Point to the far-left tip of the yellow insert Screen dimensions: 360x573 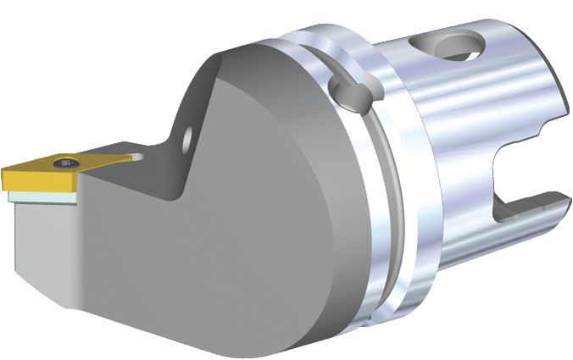(3, 172)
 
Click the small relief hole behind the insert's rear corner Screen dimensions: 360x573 (137, 158)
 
